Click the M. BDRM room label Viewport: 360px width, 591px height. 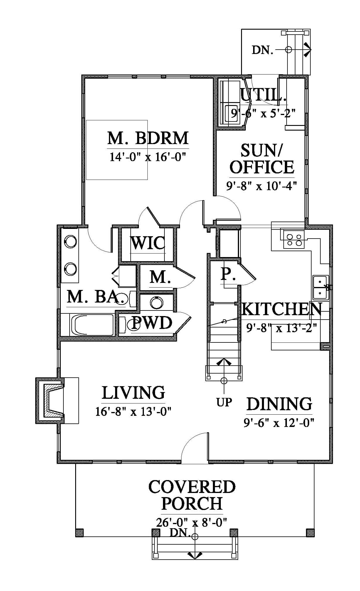(148, 138)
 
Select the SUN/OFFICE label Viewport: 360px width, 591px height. (262, 159)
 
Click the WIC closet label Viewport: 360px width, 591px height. (147, 243)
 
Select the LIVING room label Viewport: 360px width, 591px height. (133, 393)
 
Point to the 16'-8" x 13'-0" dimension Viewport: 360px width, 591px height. (133, 411)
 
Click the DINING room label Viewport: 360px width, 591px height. (279, 404)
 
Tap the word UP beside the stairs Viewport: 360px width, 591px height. (224, 402)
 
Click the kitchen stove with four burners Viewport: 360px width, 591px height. (294, 239)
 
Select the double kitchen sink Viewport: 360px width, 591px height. (320, 287)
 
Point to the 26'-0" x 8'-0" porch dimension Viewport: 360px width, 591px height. (192, 522)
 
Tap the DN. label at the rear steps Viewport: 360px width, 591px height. (263, 50)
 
